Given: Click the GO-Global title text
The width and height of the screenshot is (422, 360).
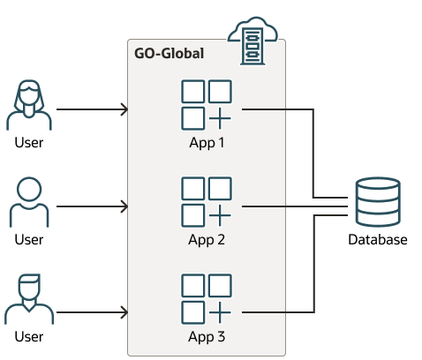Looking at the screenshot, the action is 169,54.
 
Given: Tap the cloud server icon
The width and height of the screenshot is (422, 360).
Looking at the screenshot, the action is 252,41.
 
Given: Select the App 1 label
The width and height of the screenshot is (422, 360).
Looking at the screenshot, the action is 207,143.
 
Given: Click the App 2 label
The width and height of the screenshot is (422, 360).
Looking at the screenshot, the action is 207,240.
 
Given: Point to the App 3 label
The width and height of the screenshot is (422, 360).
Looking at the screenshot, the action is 207,337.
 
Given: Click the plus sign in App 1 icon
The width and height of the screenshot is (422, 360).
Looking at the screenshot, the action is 220,118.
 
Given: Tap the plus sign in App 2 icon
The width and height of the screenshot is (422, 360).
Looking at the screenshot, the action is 220,215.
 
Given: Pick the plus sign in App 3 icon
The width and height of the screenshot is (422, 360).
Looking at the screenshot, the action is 220,312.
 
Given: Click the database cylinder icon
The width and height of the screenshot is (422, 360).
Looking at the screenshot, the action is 378,202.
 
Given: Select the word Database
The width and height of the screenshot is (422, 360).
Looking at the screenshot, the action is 378,240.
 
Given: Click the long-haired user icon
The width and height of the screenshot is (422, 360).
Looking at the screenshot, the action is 29,105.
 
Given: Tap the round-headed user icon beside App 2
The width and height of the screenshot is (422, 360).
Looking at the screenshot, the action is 29,202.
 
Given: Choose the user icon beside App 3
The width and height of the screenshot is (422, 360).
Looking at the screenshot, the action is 29,299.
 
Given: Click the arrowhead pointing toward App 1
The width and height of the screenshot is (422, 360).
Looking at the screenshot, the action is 124,109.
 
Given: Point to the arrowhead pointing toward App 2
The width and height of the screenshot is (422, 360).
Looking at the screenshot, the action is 124,206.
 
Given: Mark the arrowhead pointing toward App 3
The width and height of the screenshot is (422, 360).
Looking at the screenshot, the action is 124,312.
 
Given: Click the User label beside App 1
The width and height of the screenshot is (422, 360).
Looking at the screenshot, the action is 29,143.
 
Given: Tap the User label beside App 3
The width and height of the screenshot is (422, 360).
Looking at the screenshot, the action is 29,337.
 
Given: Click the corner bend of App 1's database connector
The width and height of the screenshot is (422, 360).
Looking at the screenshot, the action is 313,109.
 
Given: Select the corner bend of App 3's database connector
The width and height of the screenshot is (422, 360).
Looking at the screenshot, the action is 314,312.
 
